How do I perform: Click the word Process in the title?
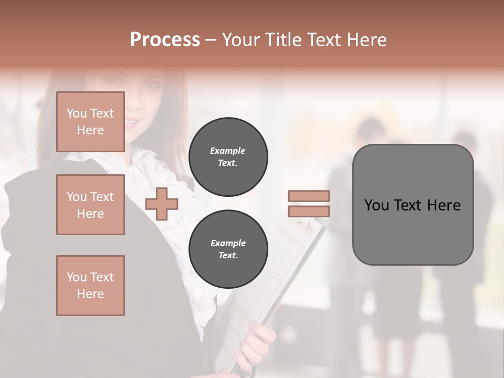165,40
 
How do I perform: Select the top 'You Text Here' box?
90,122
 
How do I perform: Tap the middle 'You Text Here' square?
90,205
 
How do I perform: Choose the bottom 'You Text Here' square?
90,285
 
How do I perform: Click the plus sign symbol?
161,204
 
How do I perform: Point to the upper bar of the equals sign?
309,196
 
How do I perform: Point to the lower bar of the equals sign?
309,211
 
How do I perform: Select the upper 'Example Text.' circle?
228,156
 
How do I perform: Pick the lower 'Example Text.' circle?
228,249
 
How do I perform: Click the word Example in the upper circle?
228,151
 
